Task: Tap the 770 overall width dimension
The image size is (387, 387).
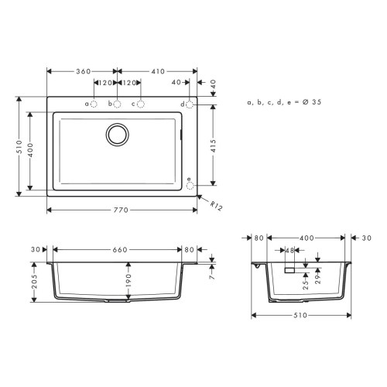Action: [119, 211]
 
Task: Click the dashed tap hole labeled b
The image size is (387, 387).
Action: [118, 104]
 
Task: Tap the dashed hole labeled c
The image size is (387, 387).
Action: [141, 104]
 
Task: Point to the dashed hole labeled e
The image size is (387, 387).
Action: [191, 184]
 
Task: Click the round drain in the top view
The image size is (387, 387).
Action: [118, 133]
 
